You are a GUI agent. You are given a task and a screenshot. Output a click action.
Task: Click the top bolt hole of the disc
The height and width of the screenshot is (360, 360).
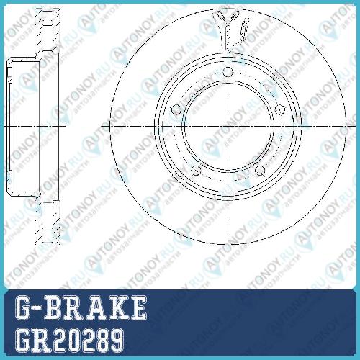click(x=228, y=71)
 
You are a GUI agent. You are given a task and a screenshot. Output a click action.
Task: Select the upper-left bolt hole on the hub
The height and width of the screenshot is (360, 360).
click(x=176, y=110)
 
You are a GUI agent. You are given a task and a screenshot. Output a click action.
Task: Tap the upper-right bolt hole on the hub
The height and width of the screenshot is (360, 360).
click(x=279, y=109)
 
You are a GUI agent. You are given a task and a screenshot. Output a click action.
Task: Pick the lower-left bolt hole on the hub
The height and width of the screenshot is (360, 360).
click(x=196, y=171)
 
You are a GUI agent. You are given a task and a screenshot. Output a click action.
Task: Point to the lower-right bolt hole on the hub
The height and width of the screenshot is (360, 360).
click(x=260, y=171)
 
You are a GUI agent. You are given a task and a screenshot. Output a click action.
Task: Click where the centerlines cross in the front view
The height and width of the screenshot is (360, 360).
click(x=228, y=126)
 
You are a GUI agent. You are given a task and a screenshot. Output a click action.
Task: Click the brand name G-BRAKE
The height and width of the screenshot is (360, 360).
click(x=81, y=307)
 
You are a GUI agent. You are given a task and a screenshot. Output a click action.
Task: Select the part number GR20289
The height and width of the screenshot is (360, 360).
click(x=70, y=340)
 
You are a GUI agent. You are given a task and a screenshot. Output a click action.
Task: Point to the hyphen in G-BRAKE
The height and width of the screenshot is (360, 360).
click(x=38, y=308)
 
